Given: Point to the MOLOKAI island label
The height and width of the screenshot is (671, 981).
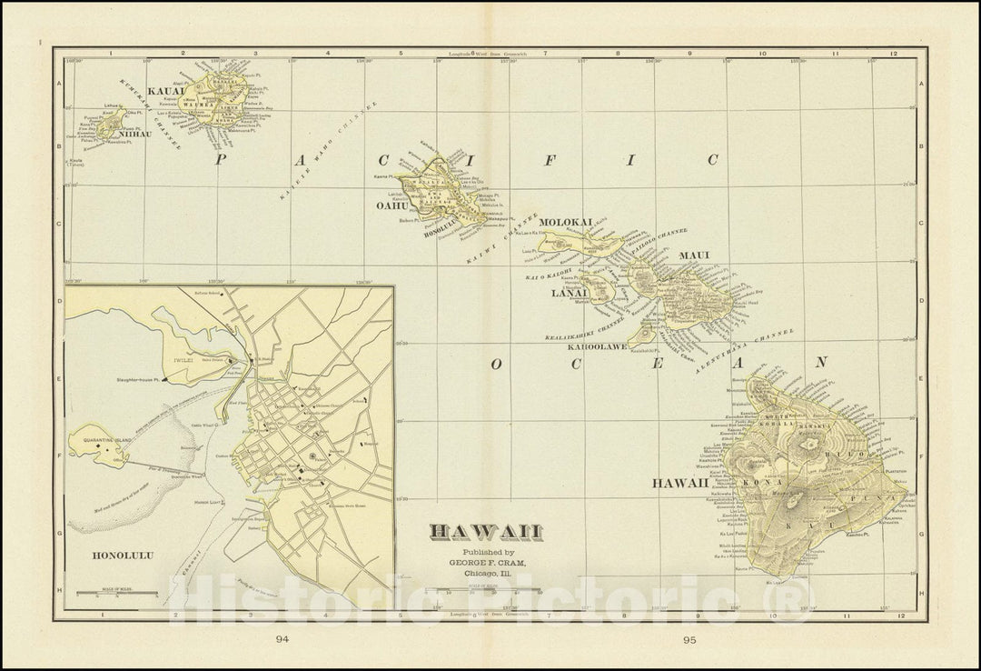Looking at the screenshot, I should click(565, 222).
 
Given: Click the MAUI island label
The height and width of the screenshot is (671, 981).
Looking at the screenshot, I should click(694, 255).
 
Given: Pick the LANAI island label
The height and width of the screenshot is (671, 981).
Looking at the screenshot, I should click(566, 293).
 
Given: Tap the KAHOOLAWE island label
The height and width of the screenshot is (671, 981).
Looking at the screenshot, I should click(595, 346).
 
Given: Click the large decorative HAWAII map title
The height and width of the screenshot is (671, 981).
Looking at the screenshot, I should click(486, 532).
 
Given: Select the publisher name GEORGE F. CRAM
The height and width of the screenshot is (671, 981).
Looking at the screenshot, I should click(486, 563).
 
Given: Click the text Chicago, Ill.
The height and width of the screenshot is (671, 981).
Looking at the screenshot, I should click(486, 574).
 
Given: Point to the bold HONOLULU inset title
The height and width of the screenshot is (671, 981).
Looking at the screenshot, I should click(123, 554).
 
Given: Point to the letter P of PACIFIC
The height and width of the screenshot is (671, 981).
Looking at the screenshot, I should click(218, 159).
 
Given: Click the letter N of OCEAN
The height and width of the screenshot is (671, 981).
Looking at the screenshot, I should click(821, 362).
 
